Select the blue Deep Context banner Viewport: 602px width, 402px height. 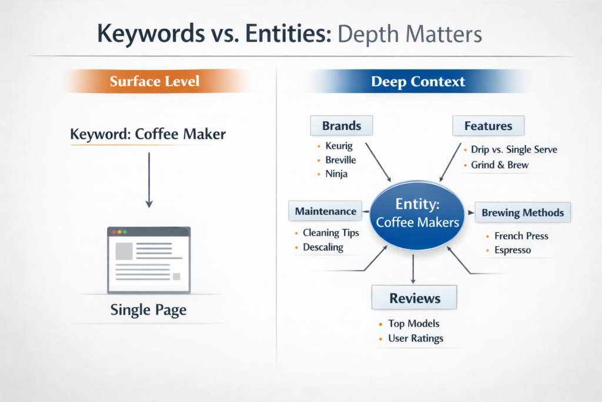tap(418, 81)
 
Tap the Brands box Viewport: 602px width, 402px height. tap(342, 126)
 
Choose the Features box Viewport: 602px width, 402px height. tap(488, 126)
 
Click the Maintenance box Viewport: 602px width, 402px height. tap(325, 211)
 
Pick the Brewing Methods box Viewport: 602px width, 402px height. tap(523, 213)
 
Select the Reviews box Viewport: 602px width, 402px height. tap(414, 298)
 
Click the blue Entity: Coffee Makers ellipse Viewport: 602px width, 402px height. tap(417, 215)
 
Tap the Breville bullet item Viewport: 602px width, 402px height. tap(340, 160)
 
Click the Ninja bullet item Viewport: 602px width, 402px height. tap(336, 174)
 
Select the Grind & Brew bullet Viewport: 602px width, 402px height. tap(499, 165)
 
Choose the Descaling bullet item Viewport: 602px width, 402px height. tap(323, 247)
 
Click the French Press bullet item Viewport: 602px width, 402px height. tap(521, 236)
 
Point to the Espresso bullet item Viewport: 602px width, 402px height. tap(513, 250)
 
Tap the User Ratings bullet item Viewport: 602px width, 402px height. tap(415, 338)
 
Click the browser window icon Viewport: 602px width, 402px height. tap(149, 260)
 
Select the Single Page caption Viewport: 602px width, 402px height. tap(148, 310)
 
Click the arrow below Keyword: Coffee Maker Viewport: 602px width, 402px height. tap(149, 180)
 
